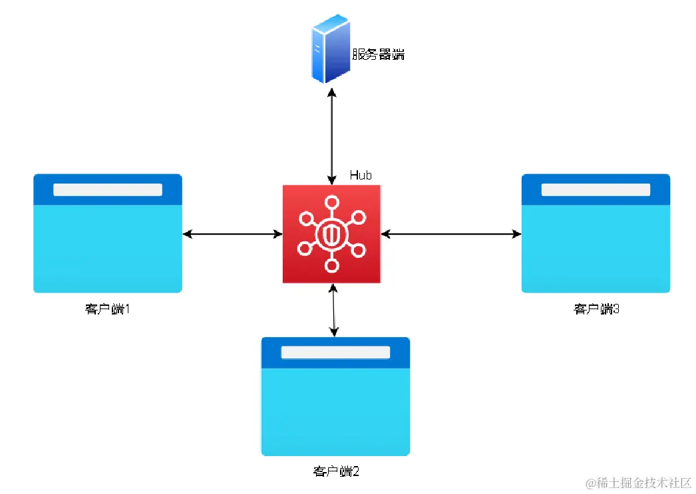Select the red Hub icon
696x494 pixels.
(331, 234)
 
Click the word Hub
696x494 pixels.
(361, 176)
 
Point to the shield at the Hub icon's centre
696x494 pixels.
(331, 234)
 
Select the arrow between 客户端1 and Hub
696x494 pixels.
(232, 234)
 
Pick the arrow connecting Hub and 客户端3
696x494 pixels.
(451, 234)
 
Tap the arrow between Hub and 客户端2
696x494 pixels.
(333, 310)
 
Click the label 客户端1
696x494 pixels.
(107, 309)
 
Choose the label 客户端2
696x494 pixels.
(335, 472)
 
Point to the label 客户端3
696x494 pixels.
(596, 309)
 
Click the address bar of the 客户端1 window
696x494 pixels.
(108, 189)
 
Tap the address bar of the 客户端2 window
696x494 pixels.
(335, 352)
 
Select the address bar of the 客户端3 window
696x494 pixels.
(596, 189)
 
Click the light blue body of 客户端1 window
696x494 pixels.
(108, 249)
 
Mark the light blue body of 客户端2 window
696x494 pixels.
(335, 412)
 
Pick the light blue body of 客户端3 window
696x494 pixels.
(596, 249)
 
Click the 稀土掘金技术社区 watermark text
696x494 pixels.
(644, 483)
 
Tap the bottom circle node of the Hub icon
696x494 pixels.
(331, 265)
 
